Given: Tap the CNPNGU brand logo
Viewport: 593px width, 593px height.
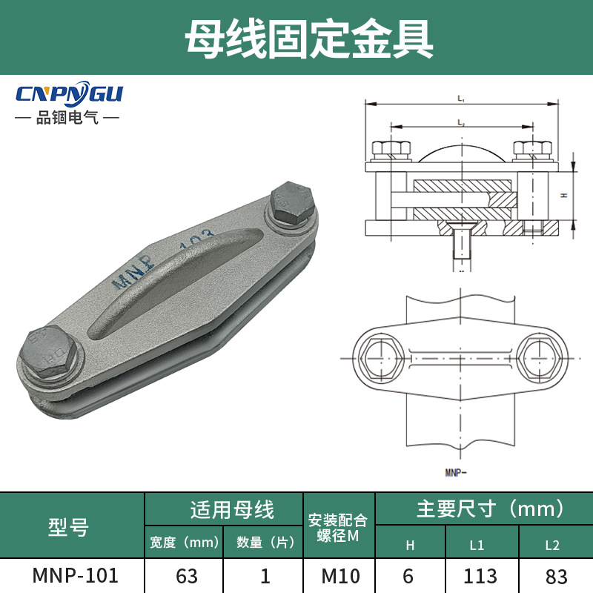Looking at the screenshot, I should click(69, 95).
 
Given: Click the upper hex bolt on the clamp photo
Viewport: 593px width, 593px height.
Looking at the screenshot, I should click(294, 204).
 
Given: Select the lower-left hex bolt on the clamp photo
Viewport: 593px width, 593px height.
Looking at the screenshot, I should click(50, 348).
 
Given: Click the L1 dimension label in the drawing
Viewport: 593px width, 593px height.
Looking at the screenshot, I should click(460, 99).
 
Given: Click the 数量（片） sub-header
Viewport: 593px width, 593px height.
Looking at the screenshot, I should click(264, 543).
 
